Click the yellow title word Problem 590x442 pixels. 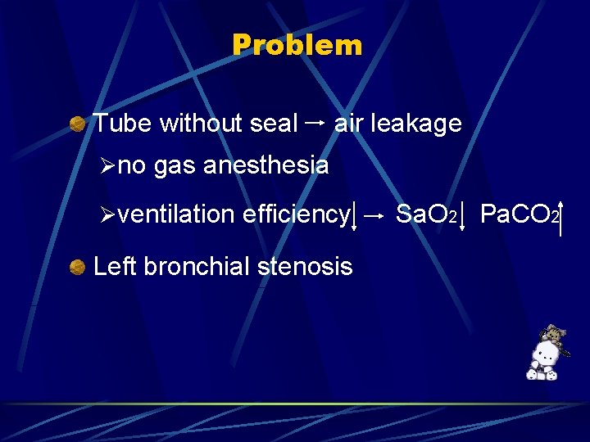297,45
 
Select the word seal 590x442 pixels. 274,124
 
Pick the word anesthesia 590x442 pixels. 265,166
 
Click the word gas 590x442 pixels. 175,166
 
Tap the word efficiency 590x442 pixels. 296,214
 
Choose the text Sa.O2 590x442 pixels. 425,214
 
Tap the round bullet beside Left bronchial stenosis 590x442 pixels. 78,266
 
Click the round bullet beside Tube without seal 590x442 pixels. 78,124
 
